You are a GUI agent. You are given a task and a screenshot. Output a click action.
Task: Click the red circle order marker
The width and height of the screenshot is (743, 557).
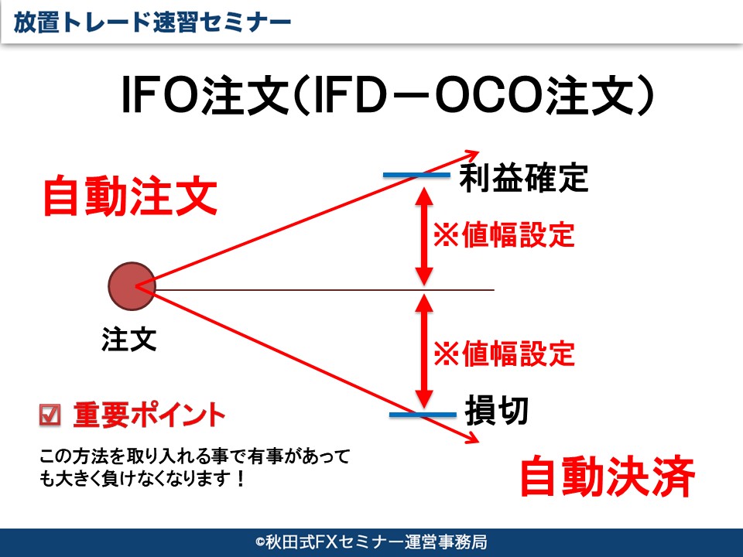132,286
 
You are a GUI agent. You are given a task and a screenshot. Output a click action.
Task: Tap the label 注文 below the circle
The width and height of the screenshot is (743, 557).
129,339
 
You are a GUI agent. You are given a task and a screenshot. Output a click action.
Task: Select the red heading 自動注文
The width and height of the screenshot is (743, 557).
130,196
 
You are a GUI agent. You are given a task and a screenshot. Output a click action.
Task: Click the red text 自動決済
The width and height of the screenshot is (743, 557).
608,476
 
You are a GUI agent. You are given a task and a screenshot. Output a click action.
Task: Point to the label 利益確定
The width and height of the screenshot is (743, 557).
524,178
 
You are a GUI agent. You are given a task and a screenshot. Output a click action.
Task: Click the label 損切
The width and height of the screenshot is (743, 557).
497,410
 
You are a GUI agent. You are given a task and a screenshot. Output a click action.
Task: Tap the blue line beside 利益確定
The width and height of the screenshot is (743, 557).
416,175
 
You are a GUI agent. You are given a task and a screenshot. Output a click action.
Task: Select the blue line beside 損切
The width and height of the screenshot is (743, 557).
423,415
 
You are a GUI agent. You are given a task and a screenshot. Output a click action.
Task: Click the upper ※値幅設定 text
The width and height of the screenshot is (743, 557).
504,234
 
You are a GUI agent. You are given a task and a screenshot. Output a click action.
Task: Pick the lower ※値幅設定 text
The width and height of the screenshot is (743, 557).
504,354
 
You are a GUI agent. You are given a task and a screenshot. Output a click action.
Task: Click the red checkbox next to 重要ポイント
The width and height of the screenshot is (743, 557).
50,415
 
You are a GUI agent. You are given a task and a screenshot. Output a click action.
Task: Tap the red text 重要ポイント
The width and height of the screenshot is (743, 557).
149,415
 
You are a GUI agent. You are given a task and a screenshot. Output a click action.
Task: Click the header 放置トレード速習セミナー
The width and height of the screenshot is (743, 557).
152,22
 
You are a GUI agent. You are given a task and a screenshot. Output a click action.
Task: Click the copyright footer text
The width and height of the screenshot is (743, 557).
371,542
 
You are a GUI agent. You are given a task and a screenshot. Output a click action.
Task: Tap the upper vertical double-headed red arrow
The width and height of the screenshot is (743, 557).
424,236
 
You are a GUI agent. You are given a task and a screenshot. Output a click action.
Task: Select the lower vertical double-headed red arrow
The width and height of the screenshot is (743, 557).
424,351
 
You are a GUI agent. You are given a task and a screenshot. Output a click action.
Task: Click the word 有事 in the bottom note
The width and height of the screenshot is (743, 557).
265,456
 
